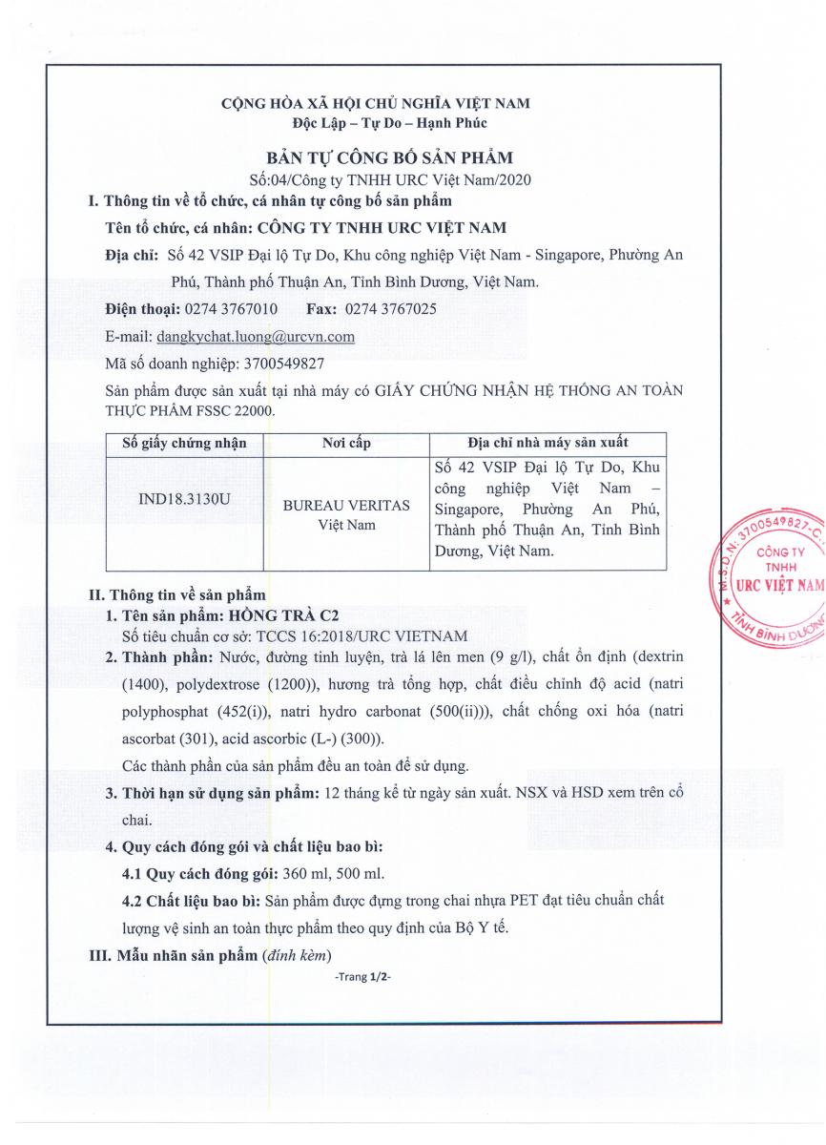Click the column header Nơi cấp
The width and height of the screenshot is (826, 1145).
click(346, 444)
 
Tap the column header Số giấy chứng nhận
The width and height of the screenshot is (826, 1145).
click(184, 444)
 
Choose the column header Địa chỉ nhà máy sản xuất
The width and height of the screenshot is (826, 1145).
click(547, 444)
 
